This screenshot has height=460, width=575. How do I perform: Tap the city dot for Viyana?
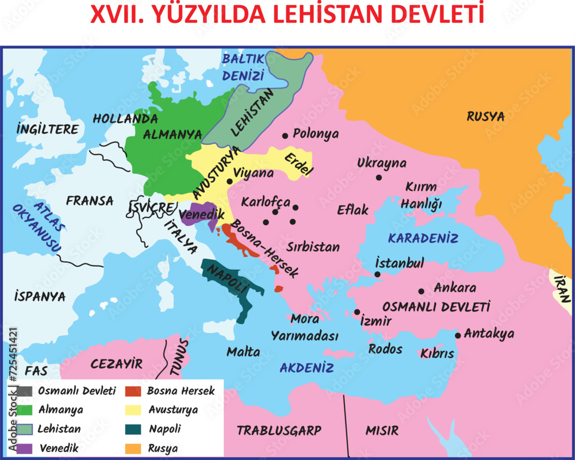tap(229, 181)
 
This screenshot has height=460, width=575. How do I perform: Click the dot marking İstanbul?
tap(377, 274)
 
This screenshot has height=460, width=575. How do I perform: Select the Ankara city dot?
tap(421, 292)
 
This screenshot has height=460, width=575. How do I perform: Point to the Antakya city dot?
tap(458, 335)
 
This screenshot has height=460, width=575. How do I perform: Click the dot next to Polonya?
tap(285, 136)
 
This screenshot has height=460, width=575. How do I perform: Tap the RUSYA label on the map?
tap(485, 117)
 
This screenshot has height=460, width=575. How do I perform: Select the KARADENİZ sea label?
tap(423, 238)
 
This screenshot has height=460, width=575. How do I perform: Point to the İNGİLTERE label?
tap(47, 129)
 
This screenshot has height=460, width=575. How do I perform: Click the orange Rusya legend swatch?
tap(133, 448)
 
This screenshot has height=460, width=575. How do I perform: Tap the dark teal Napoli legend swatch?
tap(133, 429)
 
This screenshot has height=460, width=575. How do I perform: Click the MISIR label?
tap(382, 431)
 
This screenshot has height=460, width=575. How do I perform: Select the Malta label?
tap(243, 352)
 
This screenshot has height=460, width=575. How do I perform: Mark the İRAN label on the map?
tap(562, 289)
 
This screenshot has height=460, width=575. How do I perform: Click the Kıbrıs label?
tap(437, 354)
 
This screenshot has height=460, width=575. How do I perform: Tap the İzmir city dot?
tap(357, 312)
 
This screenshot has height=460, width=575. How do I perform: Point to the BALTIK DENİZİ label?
tap(243, 67)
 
